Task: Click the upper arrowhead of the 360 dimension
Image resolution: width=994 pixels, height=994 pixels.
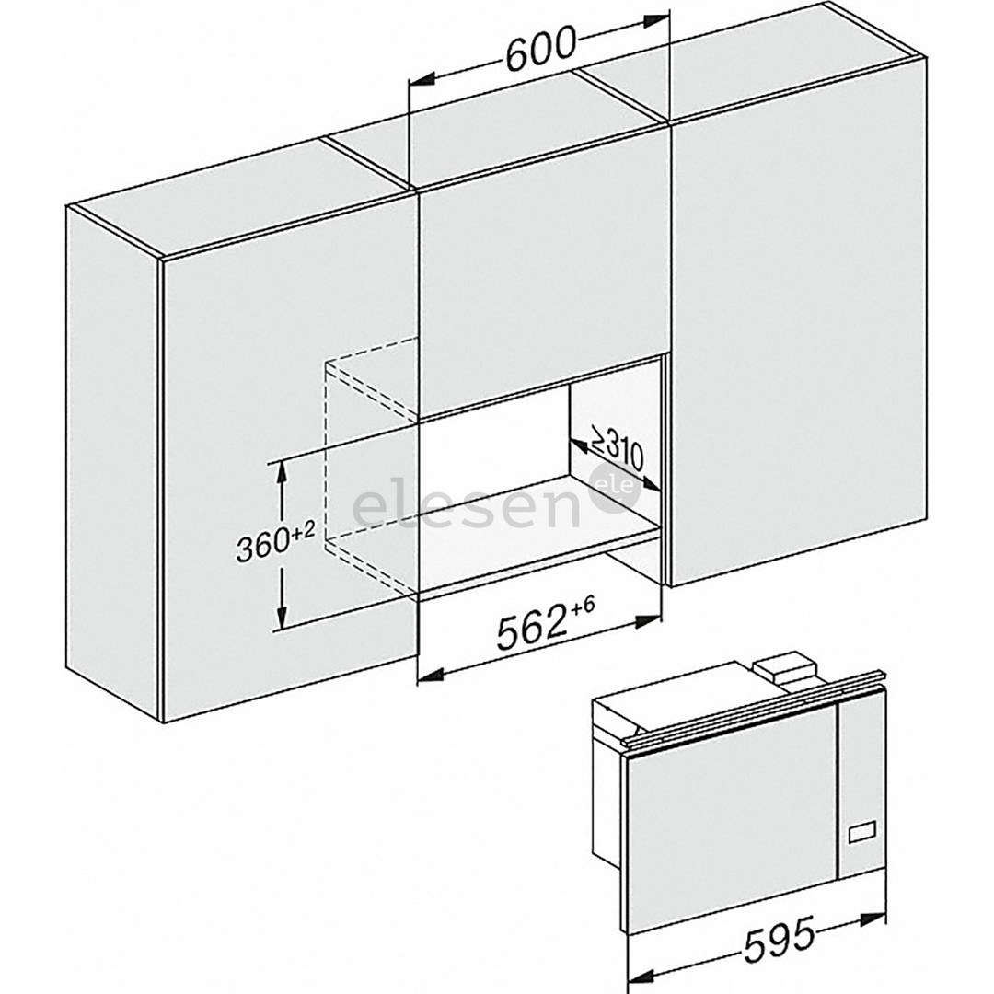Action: tap(281, 468)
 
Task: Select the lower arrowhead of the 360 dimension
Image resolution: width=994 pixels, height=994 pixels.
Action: tap(281, 620)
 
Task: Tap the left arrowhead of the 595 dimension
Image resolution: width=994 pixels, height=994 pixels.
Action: tap(637, 978)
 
